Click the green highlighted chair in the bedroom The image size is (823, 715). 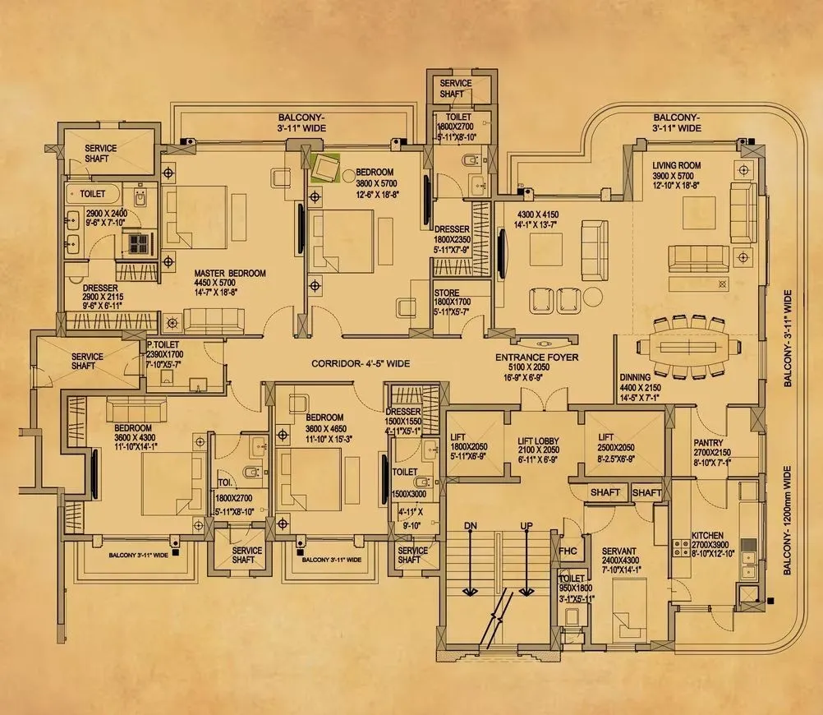(x=328, y=167)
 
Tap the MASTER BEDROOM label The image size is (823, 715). (x=230, y=274)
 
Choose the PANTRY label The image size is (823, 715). (x=707, y=441)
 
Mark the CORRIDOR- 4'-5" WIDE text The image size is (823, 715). (x=361, y=363)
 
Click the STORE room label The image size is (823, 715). (x=452, y=293)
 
